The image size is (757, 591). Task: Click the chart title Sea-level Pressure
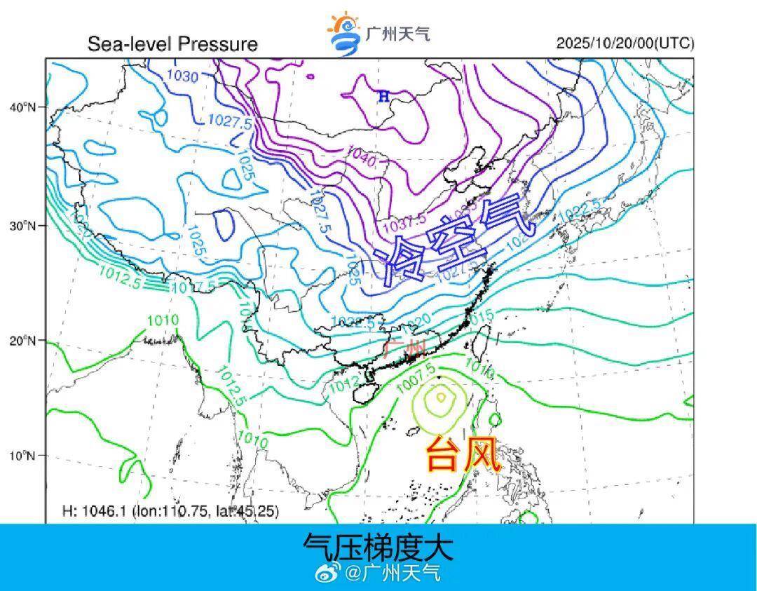[x=172, y=44]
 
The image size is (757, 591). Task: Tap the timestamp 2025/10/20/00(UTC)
[x=625, y=43]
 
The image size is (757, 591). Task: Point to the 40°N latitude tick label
[x=22, y=107]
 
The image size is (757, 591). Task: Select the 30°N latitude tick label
[x=22, y=226]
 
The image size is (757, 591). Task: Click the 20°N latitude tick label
[x=22, y=341]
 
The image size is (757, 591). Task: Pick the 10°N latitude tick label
[x=22, y=456]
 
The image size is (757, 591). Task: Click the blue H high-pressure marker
[x=383, y=97]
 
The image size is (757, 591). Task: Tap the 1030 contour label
[x=183, y=77]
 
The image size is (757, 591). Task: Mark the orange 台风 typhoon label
[x=463, y=455]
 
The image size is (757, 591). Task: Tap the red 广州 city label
[x=405, y=348]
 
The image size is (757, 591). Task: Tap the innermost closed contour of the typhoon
[x=441, y=397]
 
